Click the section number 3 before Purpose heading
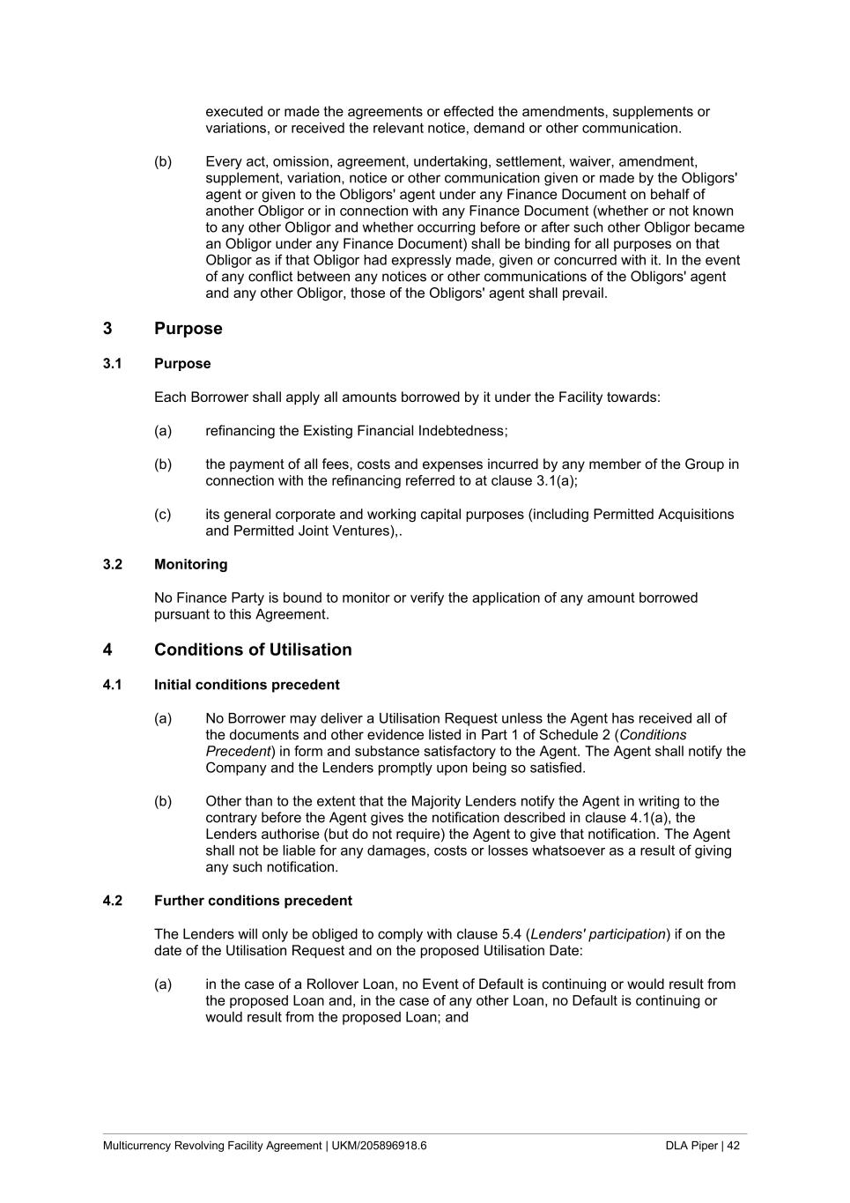pyautogui.click(x=107, y=329)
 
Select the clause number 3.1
pyautogui.click(x=112, y=364)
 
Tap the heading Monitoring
pyautogui.click(x=190, y=564)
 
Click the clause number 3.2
pyautogui.click(x=112, y=564)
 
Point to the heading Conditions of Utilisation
pyautogui.click(x=253, y=650)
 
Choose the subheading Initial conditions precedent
pyautogui.click(x=247, y=685)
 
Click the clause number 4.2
pyautogui.click(x=112, y=901)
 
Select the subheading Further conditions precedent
pyautogui.click(x=253, y=901)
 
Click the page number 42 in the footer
pyautogui.click(x=733, y=1146)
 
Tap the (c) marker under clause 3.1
pyautogui.click(x=163, y=515)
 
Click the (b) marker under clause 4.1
pyautogui.click(x=163, y=801)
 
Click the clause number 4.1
pyautogui.click(x=112, y=685)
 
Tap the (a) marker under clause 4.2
pyautogui.click(x=163, y=984)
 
